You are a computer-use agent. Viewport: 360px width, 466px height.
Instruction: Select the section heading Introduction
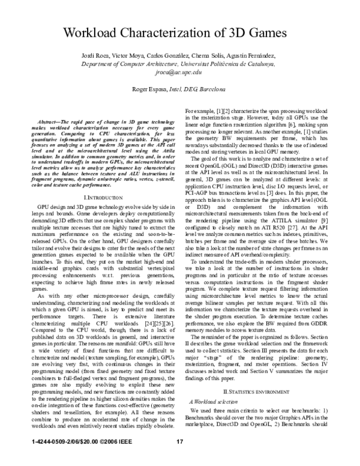point(97,180)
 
